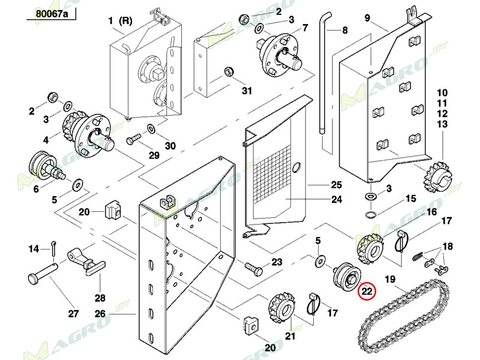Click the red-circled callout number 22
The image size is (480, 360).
coord(367,290)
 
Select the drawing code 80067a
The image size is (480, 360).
coord(52,14)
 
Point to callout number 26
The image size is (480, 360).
coord(100,314)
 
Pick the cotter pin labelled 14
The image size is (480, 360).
coord(53,247)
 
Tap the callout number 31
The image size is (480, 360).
coord(247,91)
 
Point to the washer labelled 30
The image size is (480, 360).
coord(151,129)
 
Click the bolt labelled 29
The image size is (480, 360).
coord(133,139)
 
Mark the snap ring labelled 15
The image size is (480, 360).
coord(371,214)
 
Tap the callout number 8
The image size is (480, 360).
coord(345,31)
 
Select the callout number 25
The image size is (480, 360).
coord(337,185)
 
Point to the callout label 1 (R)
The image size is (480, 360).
coord(121,20)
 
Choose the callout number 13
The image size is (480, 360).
coord(442,124)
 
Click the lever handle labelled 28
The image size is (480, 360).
coord(88,260)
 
